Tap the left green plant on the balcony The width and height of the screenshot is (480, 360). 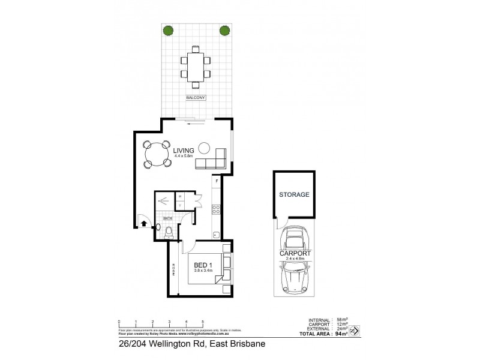click(x=169, y=31)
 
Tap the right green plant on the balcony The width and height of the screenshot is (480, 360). click(x=224, y=31)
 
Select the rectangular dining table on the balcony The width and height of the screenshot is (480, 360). click(x=196, y=66)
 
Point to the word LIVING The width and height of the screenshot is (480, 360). click(x=184, y=151)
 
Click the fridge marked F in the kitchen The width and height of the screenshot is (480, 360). click(x=217, y=181)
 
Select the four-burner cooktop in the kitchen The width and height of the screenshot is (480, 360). click(x=217, y=209)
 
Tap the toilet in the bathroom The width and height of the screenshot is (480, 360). click(x=169, y=232)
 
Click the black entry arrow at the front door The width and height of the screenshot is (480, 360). click(x=143, y=224)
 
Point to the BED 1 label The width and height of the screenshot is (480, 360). click(x=202, y=264)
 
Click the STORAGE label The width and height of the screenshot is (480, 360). click(x=293, y=194)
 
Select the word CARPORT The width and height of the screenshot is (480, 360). click(x=295, y=254)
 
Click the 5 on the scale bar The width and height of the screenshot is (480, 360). click(x=203, y=322)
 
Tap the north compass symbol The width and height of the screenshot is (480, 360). click(x=354, y=330)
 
